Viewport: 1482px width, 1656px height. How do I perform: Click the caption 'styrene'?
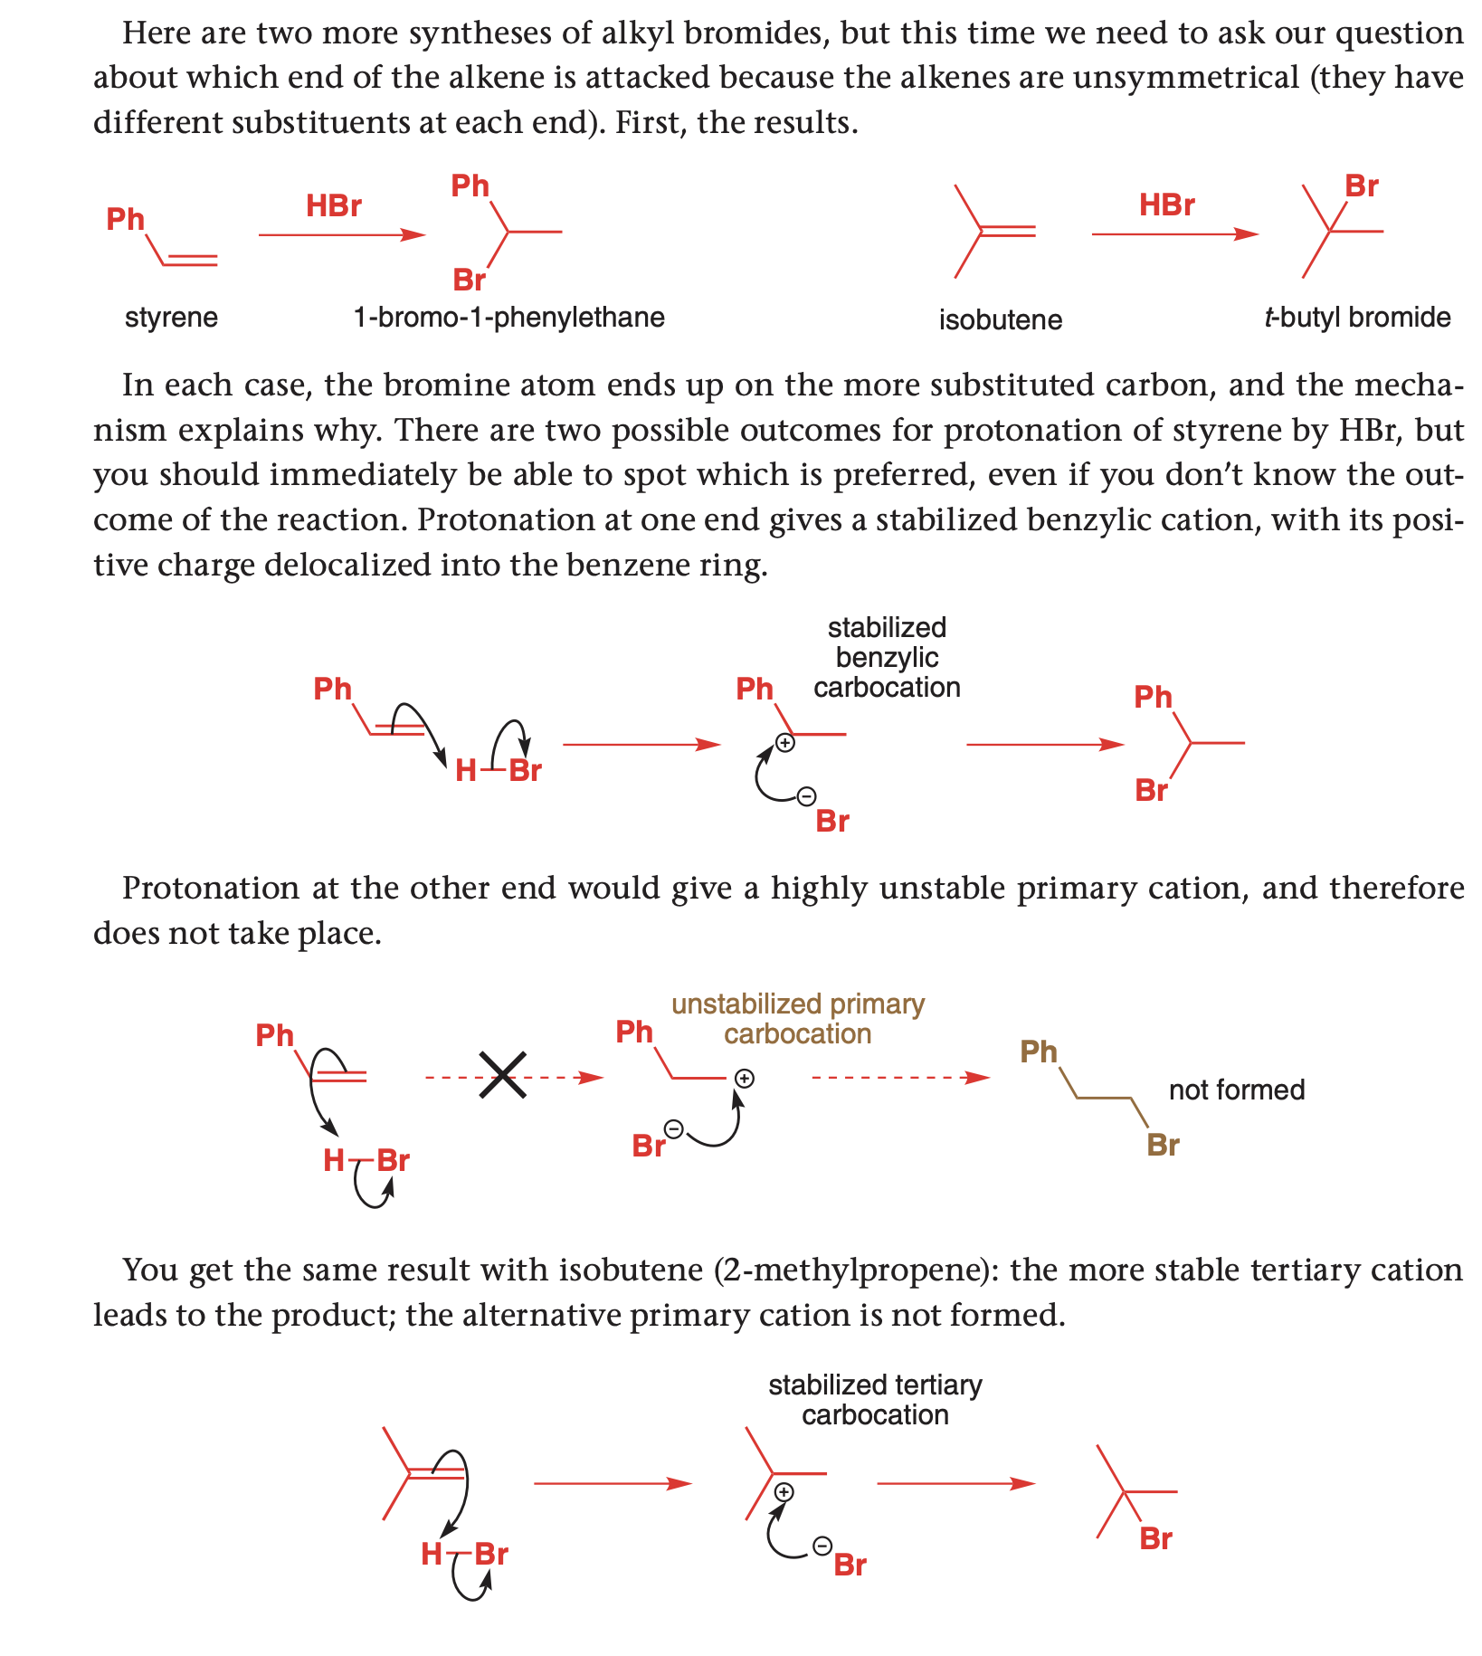[171, 318]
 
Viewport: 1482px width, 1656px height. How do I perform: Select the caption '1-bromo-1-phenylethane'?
[509, 318]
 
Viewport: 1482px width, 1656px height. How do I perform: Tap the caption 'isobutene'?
[1000, 319]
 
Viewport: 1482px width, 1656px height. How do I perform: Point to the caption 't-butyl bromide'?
[1357, 318]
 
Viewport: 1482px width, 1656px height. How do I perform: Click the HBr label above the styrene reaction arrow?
[334, 206]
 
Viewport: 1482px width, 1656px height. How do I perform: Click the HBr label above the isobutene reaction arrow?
[1167, 205]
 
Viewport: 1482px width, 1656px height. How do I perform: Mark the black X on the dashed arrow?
[503, 1076]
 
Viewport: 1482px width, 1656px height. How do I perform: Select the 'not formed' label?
[1237, 1090]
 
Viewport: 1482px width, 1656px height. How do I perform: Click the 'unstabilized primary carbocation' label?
[798, 1019]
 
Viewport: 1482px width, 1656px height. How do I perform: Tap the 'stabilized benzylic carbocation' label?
[887, 658]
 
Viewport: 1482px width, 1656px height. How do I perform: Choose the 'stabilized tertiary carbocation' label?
[875, 1400]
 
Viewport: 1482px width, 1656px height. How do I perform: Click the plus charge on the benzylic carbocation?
[785, 743]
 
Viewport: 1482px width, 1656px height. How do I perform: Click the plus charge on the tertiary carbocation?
[784, 1492]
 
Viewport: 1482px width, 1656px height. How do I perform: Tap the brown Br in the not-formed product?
[1163, 1146]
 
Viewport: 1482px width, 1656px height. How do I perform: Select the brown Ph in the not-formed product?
[1039, 1052]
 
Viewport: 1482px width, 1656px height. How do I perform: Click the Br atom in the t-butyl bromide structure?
[1362, 186]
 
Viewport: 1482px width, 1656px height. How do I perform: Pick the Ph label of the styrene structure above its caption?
[126, 219]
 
